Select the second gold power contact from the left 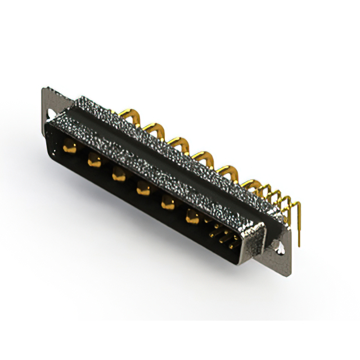(x=93, y=161)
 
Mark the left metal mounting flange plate (x=49, y=104)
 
